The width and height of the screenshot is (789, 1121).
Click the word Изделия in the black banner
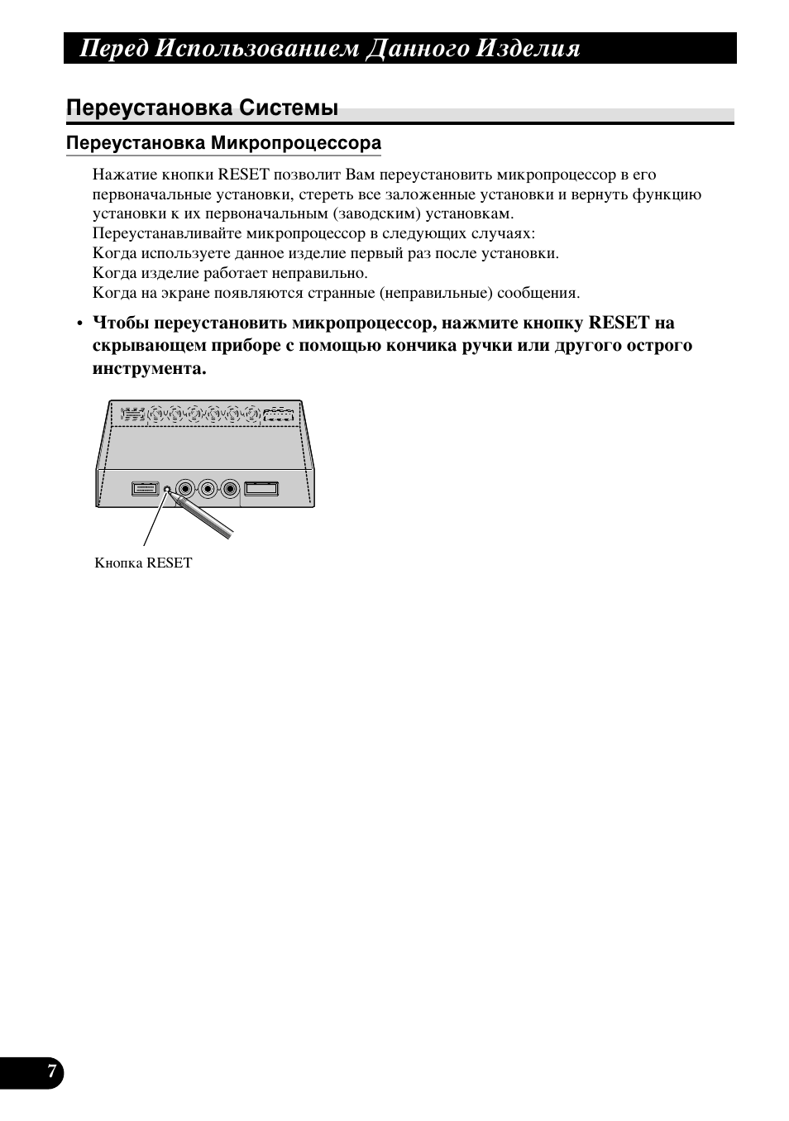coord(529,49)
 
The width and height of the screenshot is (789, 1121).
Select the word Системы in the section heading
coord(289,108)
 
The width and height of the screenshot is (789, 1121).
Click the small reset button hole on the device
coord(167,488)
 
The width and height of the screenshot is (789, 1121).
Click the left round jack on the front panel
coord(185,488)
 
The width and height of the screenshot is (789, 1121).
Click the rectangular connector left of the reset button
coord(145,489)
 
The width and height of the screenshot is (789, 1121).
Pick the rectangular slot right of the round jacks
coord(261,489)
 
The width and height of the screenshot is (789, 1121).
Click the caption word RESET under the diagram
coord(170,563)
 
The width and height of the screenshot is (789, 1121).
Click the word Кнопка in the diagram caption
coord(119,563)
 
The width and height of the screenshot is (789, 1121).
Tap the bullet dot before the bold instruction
coord(79,323)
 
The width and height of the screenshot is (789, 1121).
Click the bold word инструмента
coord(149,368)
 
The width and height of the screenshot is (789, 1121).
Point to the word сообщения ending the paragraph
coord(538,293)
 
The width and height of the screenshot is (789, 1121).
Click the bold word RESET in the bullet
coord(619,323)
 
